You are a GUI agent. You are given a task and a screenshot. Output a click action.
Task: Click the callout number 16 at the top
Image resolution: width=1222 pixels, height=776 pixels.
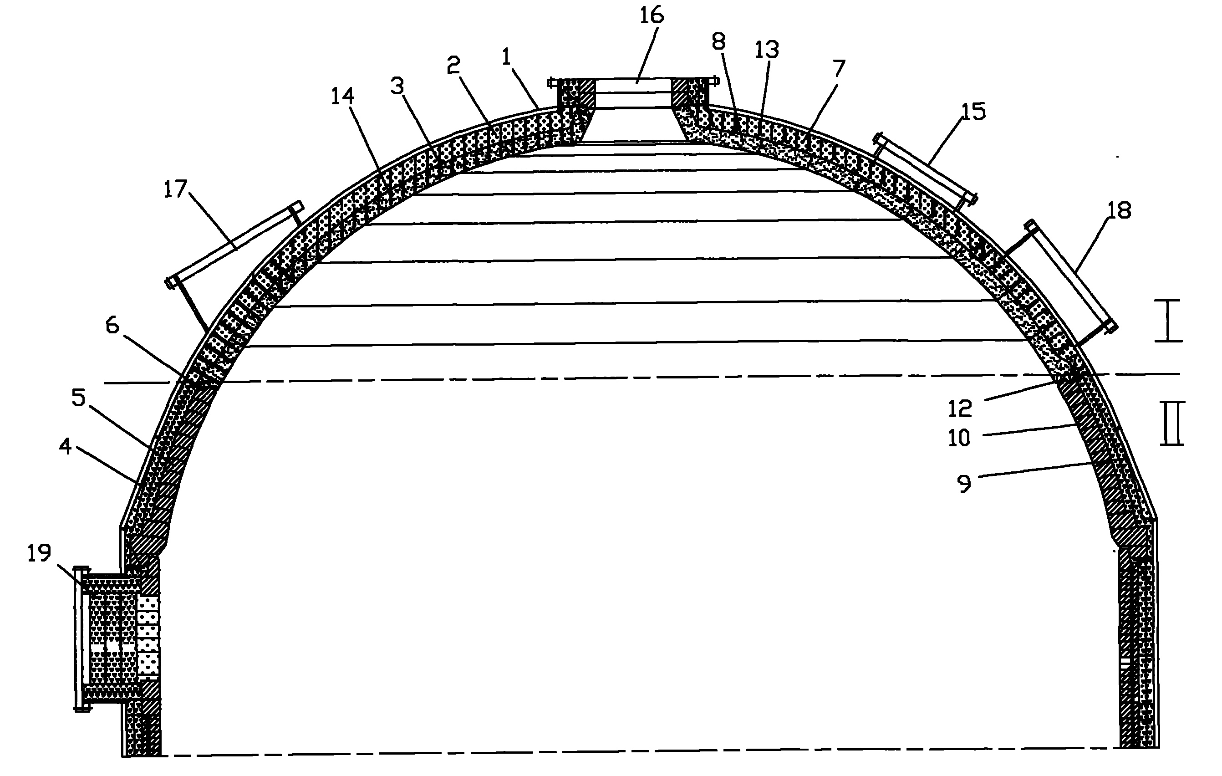(x=651, y=16)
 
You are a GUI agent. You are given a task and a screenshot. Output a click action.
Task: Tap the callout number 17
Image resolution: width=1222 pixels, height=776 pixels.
(x=176, y=189)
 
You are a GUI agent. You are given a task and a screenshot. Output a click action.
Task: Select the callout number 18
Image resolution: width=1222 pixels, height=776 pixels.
(x=1119, y=210)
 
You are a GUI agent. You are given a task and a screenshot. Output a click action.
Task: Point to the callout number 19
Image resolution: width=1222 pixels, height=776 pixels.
(x=39, y=553)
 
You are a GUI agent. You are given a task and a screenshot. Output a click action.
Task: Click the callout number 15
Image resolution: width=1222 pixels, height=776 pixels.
(x=973, y=112)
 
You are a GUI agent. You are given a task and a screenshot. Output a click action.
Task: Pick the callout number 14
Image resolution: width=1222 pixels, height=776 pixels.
(x=342, y=96)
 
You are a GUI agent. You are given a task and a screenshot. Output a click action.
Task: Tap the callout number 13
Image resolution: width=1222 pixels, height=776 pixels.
(x=766, y=49)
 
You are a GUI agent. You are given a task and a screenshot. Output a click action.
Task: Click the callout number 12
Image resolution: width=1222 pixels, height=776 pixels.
(x=960, y=408)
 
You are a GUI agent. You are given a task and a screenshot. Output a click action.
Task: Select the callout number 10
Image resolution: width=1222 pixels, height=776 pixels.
(x=959, y=438)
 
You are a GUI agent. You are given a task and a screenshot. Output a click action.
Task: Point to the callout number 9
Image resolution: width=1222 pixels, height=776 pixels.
(x=964, y=483)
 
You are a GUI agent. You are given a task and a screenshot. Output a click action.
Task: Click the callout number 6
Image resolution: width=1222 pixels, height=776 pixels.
(x=112, y=325)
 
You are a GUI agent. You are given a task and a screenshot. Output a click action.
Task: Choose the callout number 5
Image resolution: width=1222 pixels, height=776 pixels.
(x=79, y=398)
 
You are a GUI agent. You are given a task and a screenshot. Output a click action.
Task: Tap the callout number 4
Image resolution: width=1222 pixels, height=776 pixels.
(x=66, y=447)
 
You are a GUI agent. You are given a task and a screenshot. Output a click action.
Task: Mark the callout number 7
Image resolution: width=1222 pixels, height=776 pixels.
(x=839, y=68)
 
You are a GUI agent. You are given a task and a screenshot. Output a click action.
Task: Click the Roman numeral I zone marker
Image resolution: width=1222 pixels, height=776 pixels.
(x=1168, y=320)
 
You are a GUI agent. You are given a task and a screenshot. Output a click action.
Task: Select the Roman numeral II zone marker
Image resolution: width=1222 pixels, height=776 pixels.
(x=1172, y=423)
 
